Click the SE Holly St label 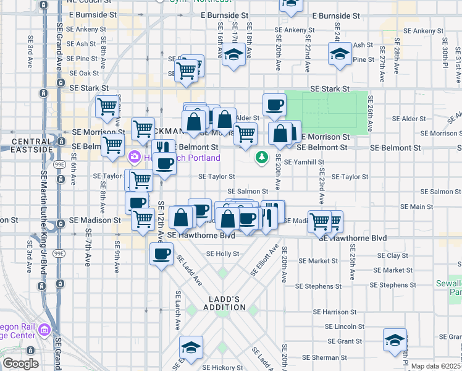[x=222, y=254]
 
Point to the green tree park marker [x=262, y=158]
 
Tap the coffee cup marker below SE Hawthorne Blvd [x=162, y=254]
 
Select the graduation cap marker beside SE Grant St [x=395, y=339]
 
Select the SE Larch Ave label [x=177, y=309]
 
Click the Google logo [x=20, y=363]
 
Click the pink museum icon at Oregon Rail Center [x=44, y=330]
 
